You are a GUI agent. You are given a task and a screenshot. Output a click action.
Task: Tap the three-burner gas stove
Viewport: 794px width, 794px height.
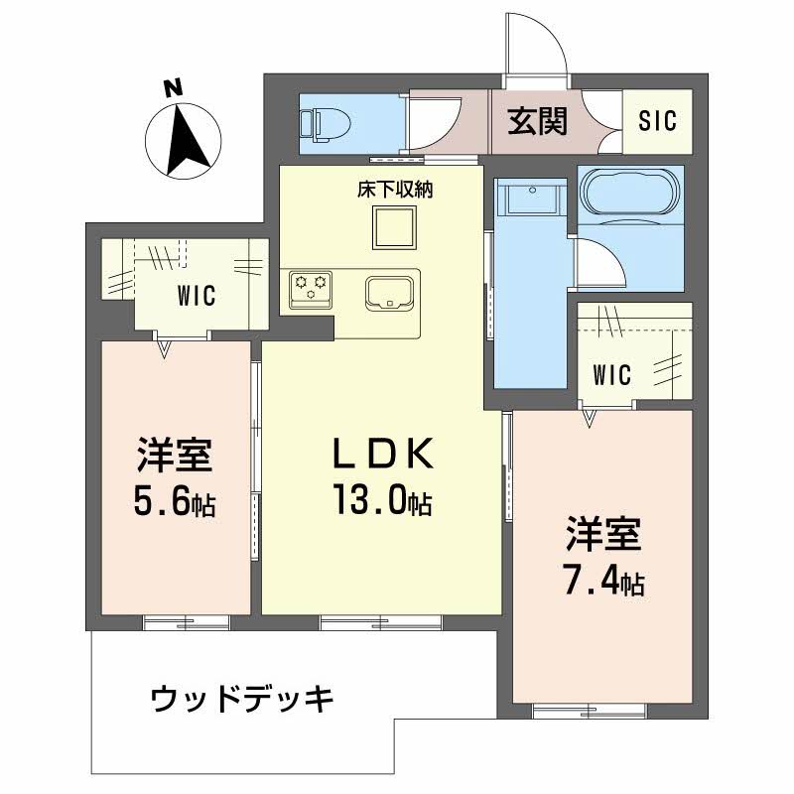click(309, 289)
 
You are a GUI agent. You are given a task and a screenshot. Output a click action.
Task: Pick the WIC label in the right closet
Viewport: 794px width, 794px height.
click(612, 374)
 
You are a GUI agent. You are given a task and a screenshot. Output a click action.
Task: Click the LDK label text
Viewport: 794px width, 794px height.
click(382, 455)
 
